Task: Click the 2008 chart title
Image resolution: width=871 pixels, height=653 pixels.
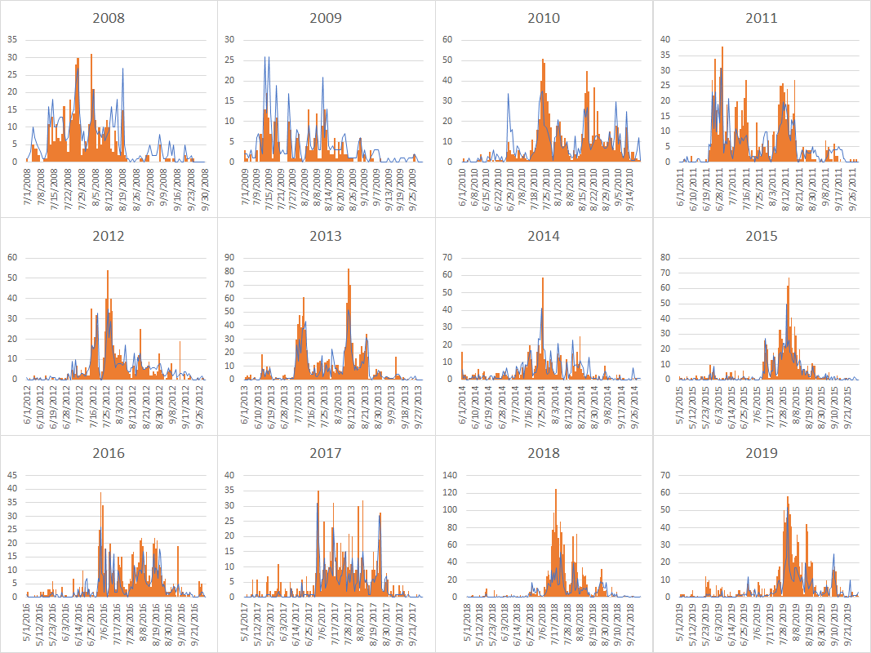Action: coord(109,18)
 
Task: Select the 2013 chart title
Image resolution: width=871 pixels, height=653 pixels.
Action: coord(326,236)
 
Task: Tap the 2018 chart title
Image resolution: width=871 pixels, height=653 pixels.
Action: coord(544,453)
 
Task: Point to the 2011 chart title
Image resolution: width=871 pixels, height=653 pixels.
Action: coord(761,18)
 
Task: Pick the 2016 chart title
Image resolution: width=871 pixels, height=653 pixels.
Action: coord(109,453)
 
